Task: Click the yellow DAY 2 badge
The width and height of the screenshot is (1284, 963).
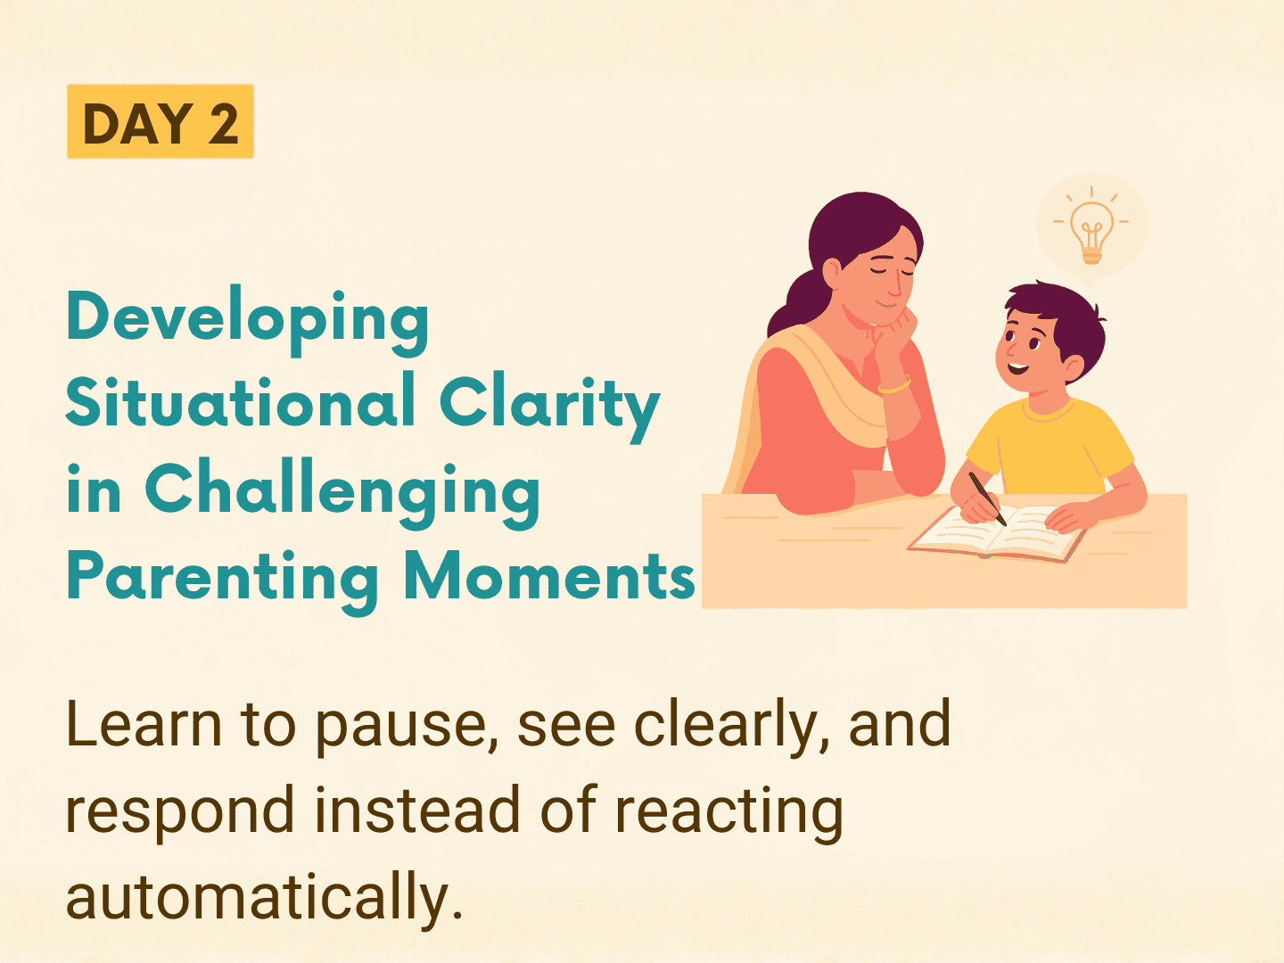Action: [160, 121]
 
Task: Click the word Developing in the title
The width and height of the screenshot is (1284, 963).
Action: [248, 320]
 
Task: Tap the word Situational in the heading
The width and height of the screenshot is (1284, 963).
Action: [241, 401]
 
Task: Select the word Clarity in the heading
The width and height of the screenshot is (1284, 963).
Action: [550, 407]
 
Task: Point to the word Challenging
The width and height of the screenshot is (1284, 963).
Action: [342, 493]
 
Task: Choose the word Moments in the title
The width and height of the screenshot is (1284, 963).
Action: [549, 575]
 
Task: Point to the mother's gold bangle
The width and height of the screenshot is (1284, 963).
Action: [895, 386]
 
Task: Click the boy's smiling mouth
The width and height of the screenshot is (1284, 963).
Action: [1018, 369]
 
